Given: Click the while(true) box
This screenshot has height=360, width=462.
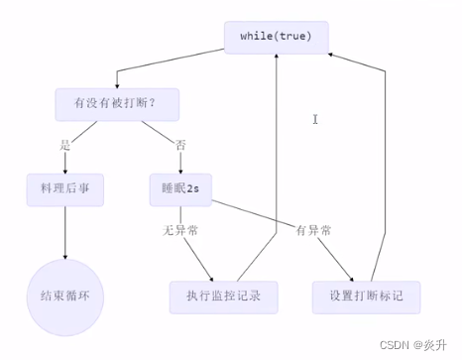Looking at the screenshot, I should pos(276,36).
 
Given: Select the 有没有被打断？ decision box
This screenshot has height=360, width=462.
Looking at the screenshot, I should pos(113,102).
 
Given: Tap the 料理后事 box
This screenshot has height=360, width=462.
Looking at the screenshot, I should pos(65,187).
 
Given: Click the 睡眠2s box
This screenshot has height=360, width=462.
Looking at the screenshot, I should pos(181,187).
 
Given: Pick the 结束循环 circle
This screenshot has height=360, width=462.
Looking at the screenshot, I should pos(65,295).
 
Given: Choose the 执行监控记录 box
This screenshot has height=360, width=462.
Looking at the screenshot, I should pos(224,295).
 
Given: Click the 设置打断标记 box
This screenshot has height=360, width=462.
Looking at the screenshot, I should pos(365,295).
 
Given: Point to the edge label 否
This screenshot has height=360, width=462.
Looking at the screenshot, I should pos(179,145).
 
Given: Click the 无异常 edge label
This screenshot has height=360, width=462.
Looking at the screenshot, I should pos(180,230).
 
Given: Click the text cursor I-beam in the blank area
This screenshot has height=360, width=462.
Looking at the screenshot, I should pos(315,119).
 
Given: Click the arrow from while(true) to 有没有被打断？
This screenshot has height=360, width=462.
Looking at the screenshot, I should pos(169,67).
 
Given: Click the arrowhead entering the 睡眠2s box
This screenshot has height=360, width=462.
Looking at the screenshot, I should pos(181,169).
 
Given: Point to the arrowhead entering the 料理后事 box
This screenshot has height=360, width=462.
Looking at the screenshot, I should pos(65,169).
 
